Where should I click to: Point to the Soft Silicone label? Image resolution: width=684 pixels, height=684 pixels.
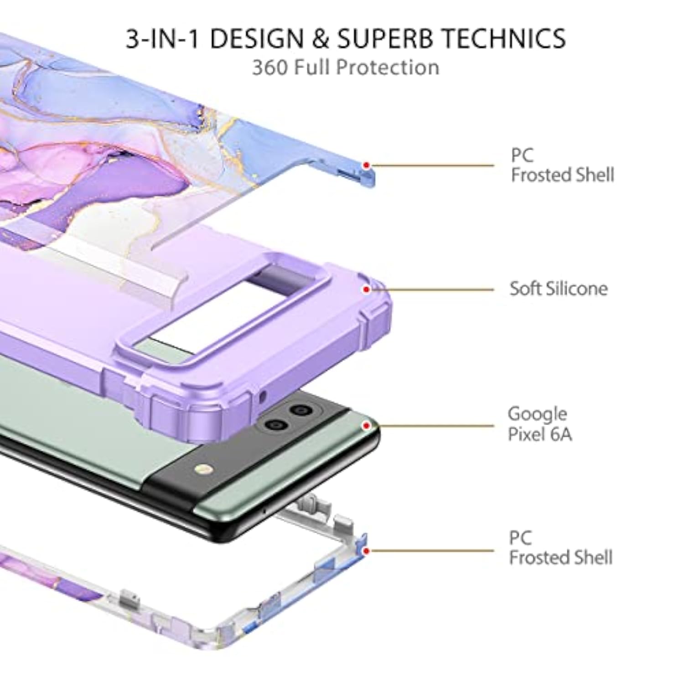point(559,289)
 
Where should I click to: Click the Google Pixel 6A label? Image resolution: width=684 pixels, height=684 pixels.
point(539,424)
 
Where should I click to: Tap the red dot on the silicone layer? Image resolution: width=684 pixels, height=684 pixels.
point(366,290)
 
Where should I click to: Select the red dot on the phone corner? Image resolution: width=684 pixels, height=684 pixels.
point(366,426)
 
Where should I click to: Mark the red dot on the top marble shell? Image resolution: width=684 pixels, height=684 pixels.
point(366,166)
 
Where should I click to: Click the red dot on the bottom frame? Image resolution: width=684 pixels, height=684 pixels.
point(366,551)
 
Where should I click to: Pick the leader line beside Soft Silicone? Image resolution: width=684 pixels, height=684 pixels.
point(433,290)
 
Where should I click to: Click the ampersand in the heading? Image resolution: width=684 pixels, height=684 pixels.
point(321,38)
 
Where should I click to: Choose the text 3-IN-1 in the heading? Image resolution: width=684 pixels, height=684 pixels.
point(163,38)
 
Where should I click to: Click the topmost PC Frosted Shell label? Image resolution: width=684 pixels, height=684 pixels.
point(562,165)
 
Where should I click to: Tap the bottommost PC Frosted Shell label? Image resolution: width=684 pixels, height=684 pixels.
point(560,548)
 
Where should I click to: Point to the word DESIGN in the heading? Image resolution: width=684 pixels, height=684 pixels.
point(257,38)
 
